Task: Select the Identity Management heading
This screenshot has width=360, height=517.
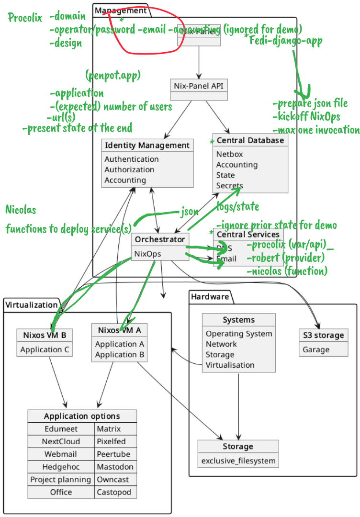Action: click(x=147, y=145)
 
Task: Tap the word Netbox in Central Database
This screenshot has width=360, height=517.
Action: click(x=229, y=154)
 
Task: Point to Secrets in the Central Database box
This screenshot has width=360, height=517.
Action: click(x=229, y=185)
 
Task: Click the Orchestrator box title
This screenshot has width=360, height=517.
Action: click(x=159, y=239)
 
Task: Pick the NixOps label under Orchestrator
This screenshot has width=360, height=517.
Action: click(x=147, y=254)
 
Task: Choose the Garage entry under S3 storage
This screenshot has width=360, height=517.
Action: click(x=316, y=349)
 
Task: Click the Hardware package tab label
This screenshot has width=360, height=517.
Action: click(x=210, y=297)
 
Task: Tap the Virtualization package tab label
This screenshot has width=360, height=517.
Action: click(x=31, y=304)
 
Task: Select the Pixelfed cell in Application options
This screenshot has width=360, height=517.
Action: click(x=109, y=441)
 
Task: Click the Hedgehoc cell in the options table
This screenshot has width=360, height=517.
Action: click(x=61, y=467)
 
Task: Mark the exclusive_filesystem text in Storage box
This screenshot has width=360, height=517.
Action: click(x=238, y=461)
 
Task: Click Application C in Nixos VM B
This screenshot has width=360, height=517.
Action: click(x=44, y=349)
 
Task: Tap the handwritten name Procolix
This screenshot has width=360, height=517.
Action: click(x=25, y=18)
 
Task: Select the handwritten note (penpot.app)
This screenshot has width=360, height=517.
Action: click(x=113, y=76)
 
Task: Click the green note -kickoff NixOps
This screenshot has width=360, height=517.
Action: click(x=306, y=116)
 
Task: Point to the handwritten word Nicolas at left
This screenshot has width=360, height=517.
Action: click(x=21, y=210)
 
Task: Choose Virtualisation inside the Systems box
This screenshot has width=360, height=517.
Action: click(x=230, y=365)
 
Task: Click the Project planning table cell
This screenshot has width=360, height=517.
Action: click(x=61, y=479)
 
